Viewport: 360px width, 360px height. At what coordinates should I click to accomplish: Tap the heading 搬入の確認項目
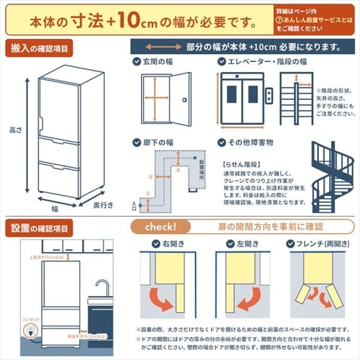point(40,48)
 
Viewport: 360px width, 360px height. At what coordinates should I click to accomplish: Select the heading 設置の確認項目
point(40,228)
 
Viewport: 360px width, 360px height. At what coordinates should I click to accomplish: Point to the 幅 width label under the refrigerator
point(55,208)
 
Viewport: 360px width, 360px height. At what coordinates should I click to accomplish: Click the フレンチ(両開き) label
point(314,244)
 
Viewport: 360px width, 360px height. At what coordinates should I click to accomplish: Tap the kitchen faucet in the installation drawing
point(100,289)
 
